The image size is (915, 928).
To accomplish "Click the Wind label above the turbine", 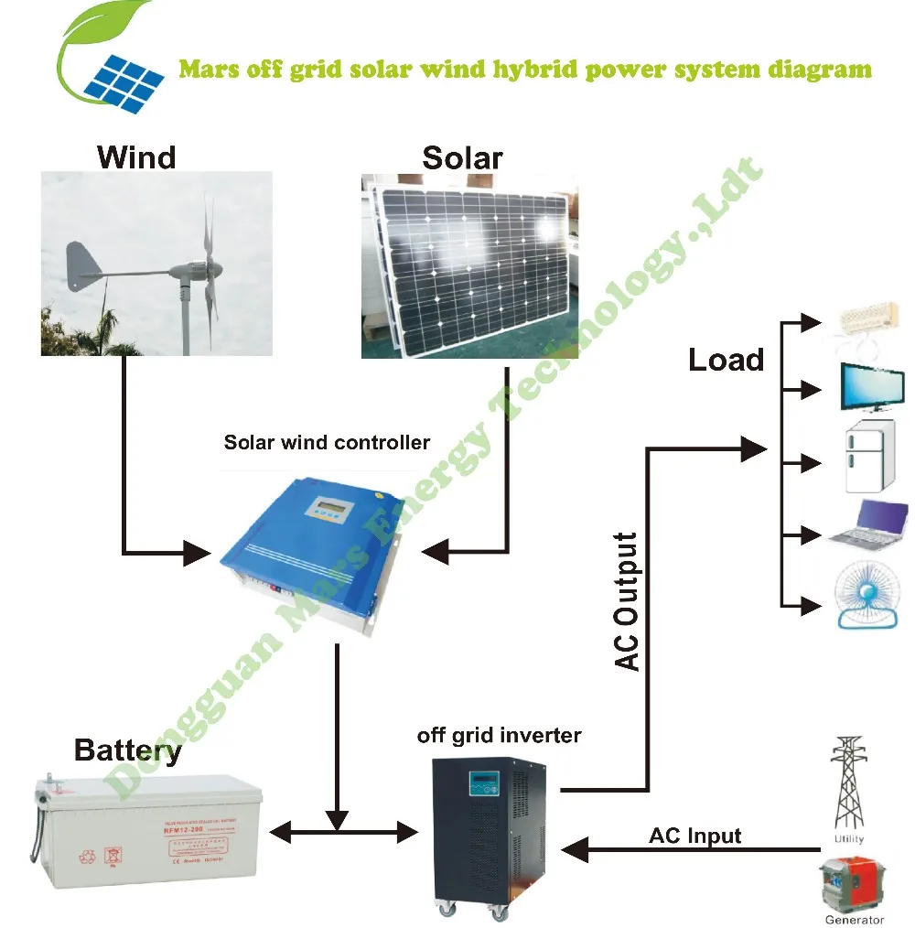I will click(135, 156).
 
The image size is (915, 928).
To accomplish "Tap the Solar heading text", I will click(462, 157).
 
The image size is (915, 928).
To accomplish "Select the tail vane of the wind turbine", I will click(84, 261).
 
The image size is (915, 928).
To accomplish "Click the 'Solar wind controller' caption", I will click(327, 443).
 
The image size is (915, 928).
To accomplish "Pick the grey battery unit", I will click(145, 829).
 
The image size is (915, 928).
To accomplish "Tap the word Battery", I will click(127, 751).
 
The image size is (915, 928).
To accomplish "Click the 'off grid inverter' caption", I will click(499, 735).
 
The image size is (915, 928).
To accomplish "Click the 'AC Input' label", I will click(694, 836).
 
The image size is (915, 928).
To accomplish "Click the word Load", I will click(726, 360).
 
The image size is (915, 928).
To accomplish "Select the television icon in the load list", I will click(868, 388).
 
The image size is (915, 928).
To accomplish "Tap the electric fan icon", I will click(869, 597).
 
